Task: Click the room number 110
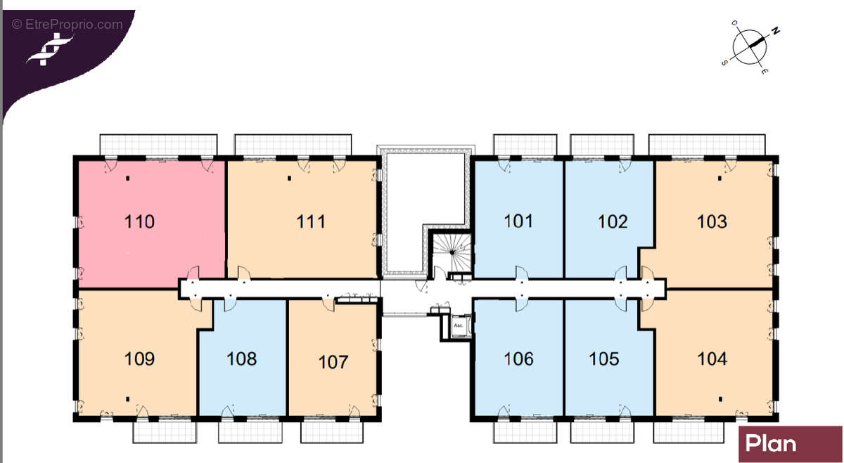(139, 223)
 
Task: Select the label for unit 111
(311, 222)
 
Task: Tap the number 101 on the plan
(518, 221)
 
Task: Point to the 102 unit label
(613, 222)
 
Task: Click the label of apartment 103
(712, 222)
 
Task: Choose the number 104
(712, 359)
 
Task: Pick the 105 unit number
(603, 359)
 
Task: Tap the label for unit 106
(518, 359)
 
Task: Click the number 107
(333, 362)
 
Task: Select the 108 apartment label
(241, 359)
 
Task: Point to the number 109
(139, 359)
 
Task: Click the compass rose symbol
(750, 46)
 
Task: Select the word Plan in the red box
(771, 444)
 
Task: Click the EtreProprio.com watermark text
(67, 24)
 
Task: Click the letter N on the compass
(776, 31)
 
